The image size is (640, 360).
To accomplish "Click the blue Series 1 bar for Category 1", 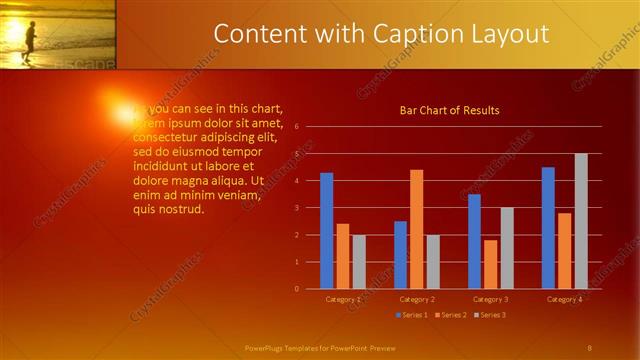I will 326,231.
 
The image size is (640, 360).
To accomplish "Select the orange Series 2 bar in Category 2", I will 416,229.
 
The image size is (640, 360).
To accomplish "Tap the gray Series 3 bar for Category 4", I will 581,221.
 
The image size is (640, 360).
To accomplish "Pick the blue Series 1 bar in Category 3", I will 474,241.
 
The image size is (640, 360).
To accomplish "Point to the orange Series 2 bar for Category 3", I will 490,264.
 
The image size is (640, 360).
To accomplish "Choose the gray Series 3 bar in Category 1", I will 358,262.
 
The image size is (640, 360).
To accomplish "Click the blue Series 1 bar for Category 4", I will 548,228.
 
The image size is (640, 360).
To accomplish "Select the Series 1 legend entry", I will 411,315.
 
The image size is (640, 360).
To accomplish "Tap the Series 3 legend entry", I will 489,315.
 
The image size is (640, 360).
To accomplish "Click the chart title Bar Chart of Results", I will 449,110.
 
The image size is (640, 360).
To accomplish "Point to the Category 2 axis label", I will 416,299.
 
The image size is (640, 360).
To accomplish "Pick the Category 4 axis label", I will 565,299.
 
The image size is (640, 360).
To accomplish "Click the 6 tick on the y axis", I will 296,127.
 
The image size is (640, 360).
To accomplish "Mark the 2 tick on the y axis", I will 296,235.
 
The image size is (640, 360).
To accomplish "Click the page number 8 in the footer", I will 589,347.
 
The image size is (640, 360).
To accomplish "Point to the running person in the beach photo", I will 29,41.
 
